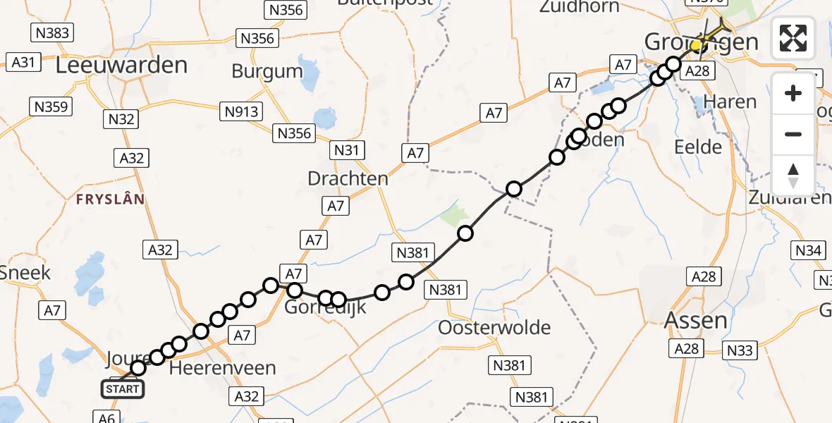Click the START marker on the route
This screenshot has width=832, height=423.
(x=123, y=388)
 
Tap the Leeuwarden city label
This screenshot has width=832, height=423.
(x=121, y=66)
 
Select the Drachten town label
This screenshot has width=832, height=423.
(x=348, y=178)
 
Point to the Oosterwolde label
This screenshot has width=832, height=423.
(x=494, y=328)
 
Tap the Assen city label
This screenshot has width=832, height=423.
(x=696, y=321)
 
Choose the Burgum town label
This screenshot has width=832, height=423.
(x=267, y=72)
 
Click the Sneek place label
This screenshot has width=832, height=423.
(x=25, y=272)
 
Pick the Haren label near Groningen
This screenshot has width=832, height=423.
(x=730, y=102)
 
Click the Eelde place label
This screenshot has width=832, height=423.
(x=698, y=147)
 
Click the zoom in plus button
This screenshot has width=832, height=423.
(x=793, y=93)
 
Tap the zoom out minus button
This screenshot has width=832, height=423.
(x=793, y=134)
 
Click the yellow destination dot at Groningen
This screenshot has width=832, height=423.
(x=696, y=46)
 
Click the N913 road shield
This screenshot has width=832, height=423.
(x=241, y=111)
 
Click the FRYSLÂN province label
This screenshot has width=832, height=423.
(x=109, y=200)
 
